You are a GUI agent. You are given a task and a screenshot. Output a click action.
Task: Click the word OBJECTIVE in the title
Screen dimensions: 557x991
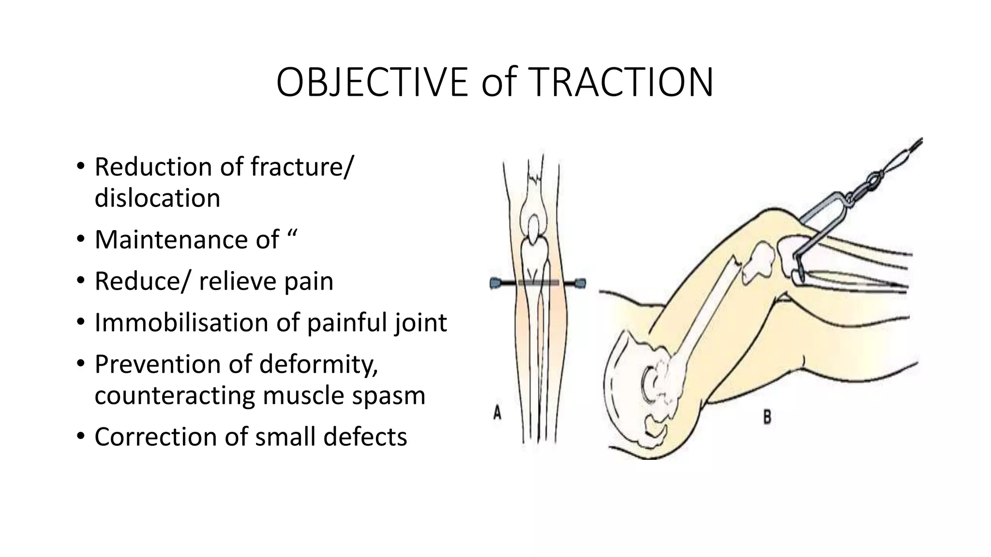[x=372, y=83]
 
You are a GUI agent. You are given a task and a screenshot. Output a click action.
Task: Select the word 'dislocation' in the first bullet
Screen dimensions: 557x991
[x=157, y=198]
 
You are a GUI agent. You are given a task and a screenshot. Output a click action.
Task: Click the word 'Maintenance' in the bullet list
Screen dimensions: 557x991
[x=187, y=239]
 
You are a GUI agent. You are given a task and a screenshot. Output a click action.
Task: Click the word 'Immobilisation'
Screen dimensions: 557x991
[x=181, y=322]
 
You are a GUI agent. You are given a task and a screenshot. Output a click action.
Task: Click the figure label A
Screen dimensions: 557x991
[x=497, y=413]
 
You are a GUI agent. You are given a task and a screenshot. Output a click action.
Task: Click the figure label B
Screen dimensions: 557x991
[x=767, y=417]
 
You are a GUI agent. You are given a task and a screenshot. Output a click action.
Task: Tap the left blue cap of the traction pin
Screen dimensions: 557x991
[x=495, y=283]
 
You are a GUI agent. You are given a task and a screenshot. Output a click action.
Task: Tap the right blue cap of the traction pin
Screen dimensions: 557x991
[x=580, y=282]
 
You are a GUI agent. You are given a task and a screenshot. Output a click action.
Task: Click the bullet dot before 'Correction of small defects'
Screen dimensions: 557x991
[x=80, y=437]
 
